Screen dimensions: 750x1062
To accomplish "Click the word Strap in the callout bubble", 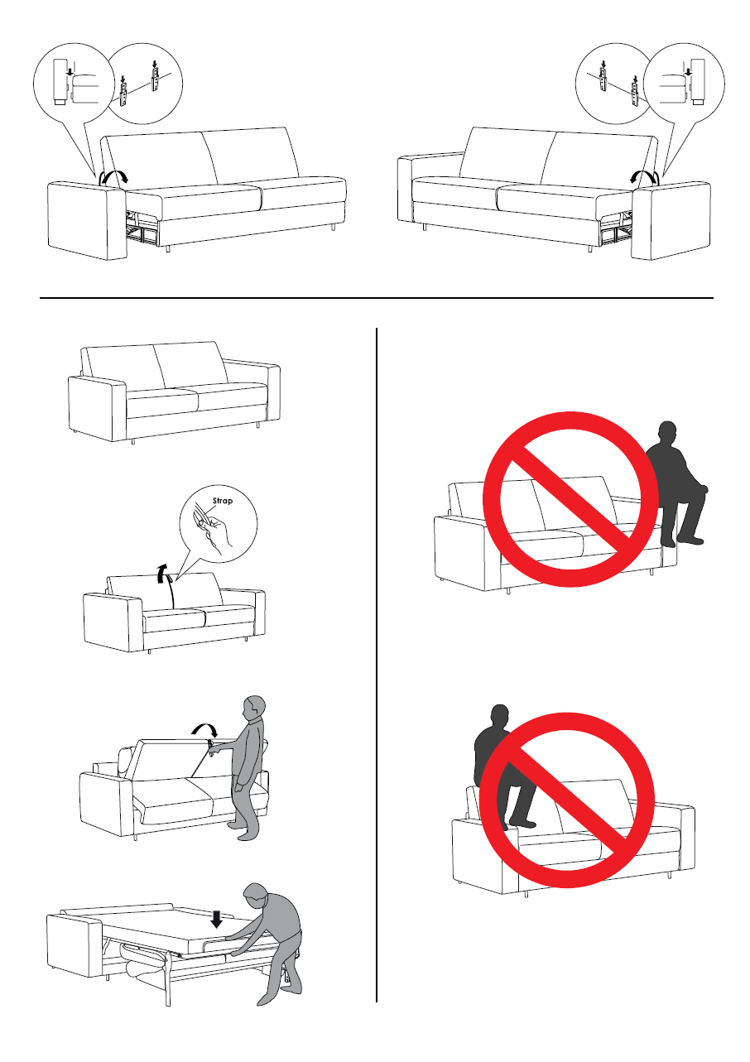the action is [x=223, y=501].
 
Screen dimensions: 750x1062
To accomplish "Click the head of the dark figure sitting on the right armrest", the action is [x=667, y=432].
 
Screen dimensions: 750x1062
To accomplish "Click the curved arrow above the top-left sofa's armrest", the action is [x=113, y=178].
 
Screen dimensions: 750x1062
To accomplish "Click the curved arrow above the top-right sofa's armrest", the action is [x=644, y=178].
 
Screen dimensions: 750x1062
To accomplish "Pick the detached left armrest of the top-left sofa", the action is [x=87, y=220].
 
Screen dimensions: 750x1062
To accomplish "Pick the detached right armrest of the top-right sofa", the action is [x=671, y=220].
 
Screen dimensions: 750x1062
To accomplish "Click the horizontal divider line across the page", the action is [x=377, y=298].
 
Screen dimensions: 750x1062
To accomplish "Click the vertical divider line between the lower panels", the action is [x=377, y=665].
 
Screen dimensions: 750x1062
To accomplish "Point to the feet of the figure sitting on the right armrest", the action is [x=683, y=540].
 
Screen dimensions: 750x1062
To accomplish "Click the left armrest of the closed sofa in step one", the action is [x=97, y=409].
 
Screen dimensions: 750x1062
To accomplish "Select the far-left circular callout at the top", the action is [x=74, y=84].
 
